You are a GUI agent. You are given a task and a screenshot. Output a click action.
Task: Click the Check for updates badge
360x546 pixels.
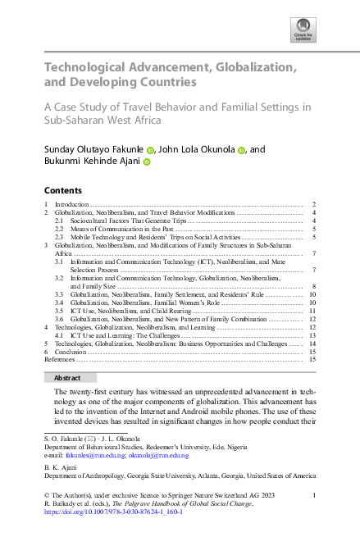[303, 32]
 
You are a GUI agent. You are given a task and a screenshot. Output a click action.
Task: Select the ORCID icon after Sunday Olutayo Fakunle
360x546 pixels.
[151, 150]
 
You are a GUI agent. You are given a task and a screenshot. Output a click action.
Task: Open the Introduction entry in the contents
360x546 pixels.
[71, 203]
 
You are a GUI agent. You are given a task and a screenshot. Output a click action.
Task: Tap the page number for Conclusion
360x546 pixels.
[313, 351]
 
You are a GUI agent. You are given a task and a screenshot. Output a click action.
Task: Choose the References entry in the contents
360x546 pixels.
[62, 359]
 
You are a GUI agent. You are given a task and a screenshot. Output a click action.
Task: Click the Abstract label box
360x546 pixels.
[67, 377]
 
